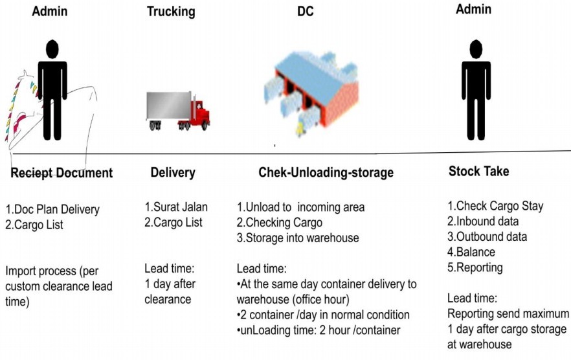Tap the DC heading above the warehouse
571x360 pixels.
(x=305, y=11)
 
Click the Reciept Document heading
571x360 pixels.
(x=61, y=173)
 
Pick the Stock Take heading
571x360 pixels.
(x=478, y=172)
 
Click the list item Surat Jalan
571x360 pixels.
(x=176, y=208)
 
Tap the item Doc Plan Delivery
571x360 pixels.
(x=53, y=210)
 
